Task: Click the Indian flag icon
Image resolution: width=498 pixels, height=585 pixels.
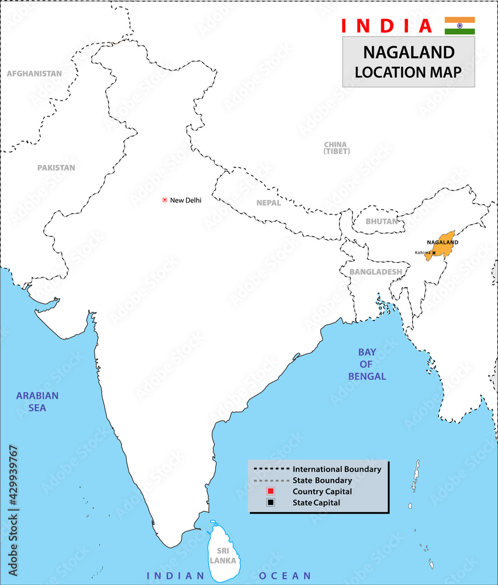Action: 459,26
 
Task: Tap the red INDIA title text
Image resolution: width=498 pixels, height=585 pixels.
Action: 386,26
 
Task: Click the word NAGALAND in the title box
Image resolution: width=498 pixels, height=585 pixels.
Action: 409,53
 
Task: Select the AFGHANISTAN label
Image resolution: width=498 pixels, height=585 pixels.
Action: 34,74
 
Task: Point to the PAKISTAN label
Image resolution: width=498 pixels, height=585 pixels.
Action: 56,167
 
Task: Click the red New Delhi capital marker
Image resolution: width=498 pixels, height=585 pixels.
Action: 165,200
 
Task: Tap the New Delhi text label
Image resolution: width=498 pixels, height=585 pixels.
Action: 185,200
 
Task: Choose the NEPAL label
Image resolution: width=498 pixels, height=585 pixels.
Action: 268,203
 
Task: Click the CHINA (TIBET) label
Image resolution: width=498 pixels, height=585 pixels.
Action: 336,148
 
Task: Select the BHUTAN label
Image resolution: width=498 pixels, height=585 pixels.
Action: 381,222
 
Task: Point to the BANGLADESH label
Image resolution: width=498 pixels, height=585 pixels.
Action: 375,272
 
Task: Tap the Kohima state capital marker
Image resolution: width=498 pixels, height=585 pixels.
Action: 434,253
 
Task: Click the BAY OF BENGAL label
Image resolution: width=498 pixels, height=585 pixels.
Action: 367,364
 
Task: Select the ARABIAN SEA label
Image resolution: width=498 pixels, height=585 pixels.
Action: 37,401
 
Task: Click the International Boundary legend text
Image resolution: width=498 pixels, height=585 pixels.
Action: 337,469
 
